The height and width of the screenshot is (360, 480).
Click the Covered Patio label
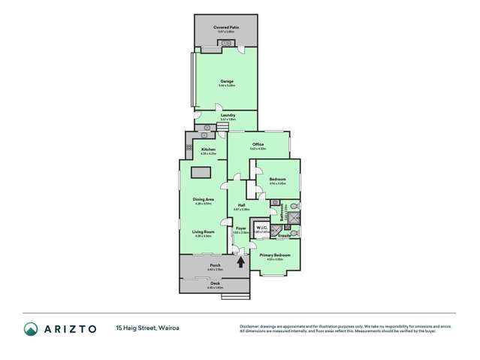click(x=227, y=26)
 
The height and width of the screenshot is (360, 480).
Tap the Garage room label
click(x=227, y=81)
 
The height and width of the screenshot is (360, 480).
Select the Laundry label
click(x=228, y=115)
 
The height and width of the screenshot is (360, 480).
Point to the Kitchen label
click(x=209, y=150)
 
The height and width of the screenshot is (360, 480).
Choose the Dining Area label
click(x=204, y=198)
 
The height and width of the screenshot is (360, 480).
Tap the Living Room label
click(x=203, y=231)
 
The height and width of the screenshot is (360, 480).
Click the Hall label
click(x=242, y=204)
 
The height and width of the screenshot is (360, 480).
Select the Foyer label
click(x=241, y=228)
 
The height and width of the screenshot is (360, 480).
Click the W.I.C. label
click(x=262, y=228)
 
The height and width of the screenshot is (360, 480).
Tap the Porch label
click(x=215, y=265)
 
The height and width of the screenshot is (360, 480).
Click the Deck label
click(x=215, y=284)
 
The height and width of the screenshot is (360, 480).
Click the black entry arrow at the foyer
click(x=241, y=261)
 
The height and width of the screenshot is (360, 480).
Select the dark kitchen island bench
click(x=200, y=173)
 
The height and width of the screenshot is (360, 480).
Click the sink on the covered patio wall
click(x=227, y=43)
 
